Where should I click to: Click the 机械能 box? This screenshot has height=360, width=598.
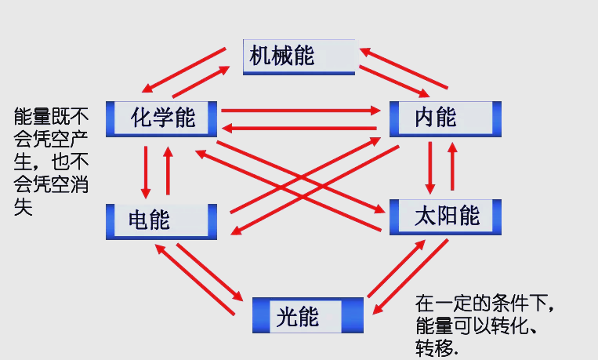coord(299,56)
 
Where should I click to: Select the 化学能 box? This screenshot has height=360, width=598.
coord(161,118)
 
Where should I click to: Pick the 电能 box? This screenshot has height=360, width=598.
coord(161,220)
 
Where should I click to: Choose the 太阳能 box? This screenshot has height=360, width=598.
coord(445,216)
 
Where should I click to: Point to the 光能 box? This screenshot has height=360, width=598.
coord(308,316)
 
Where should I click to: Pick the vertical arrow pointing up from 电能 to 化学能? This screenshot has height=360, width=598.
coord(167,171)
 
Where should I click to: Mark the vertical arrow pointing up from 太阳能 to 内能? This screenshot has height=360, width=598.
coord(451,166)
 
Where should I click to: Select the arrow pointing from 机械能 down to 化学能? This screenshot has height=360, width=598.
coord(184,69)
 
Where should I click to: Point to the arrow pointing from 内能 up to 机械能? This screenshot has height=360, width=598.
coord(404,68)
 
